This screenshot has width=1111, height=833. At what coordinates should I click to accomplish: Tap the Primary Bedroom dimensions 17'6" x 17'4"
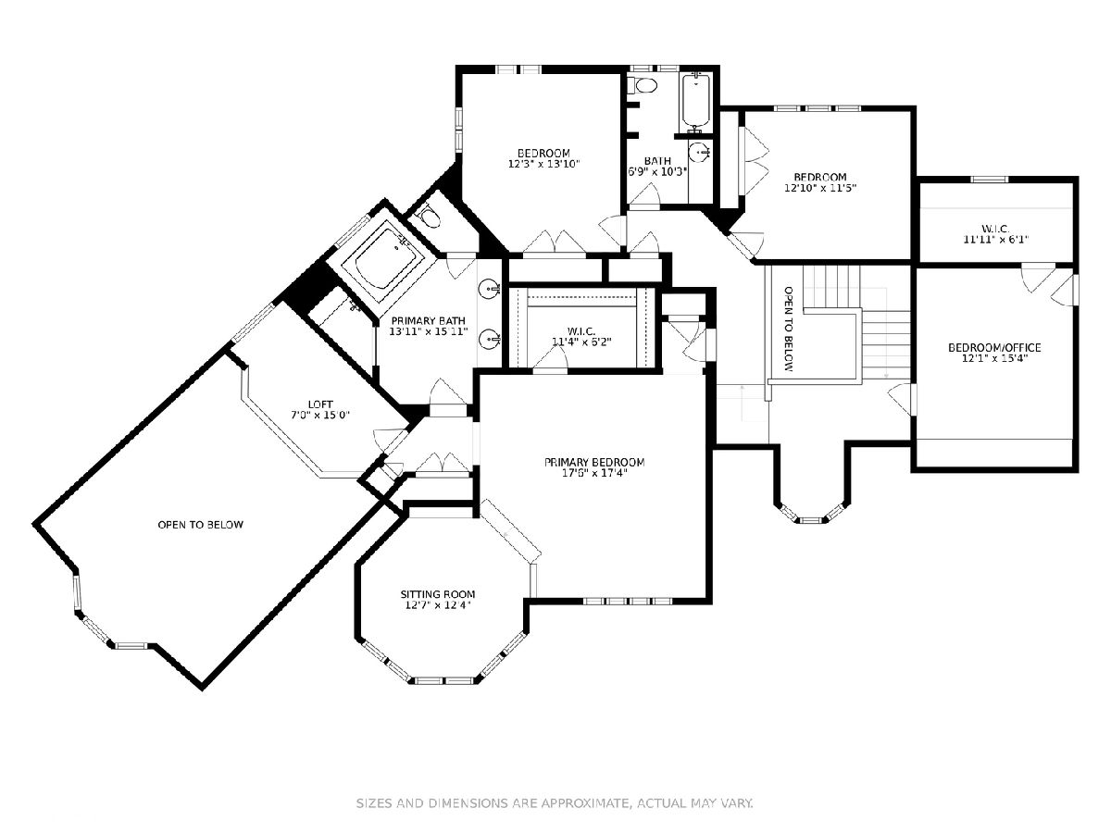pyautogui.click(x=594, y=473)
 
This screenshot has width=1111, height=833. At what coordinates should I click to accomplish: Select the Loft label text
pyautogui.click(x=320, y=404)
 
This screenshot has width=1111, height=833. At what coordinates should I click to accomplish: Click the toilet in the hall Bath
pyautogui.click(x=642, y=85)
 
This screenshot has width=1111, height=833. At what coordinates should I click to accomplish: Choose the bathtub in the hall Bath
pyautogui.click(x=696, y=101)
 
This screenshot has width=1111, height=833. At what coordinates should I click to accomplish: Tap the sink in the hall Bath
pyautogui.click(x=700, y=151)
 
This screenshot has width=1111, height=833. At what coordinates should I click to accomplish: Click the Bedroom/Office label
pyautogui.click(x=994, y=348)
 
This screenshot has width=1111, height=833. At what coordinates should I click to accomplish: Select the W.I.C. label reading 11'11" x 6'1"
pyautogui.click(x=995, y=234)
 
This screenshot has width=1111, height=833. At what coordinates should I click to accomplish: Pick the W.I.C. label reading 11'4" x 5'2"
pyautogui.click(x=581, y=336)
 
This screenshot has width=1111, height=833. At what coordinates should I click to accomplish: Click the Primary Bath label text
pyautogui.click(x=428, y=320)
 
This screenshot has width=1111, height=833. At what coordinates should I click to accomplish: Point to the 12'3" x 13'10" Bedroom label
pyautogui.click(x=543, y=158)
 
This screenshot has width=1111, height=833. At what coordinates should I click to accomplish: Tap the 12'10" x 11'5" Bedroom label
pyautogui.click(x=819, y=182)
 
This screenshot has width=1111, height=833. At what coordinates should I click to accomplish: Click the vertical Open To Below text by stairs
pyautogui.click(x=788, y=329)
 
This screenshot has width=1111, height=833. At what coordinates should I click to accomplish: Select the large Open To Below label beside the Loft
pyautogui.click(x=200, y=525)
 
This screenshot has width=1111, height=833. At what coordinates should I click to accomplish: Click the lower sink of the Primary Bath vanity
pyautogui.click(x=490, y=338)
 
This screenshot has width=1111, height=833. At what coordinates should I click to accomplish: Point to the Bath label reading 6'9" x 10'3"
pyautogui.click(x=657, y=167)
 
